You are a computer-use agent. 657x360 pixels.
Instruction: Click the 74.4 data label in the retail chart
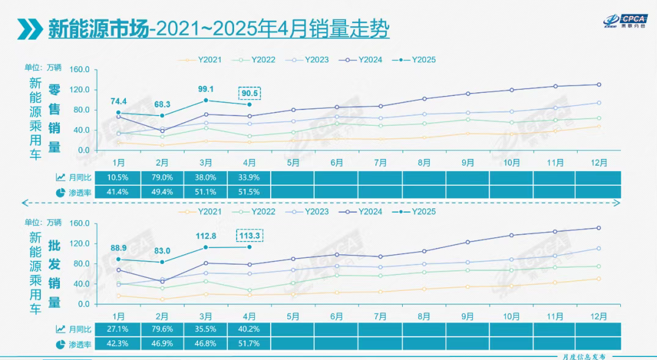click(119, 101)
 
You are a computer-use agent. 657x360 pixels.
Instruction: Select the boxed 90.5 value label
click(249, 94)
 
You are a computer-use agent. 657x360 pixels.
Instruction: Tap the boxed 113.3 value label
click(249, 235)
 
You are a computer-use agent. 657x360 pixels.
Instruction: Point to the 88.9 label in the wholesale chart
click(119, 248)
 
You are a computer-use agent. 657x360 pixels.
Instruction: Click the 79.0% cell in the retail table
click(162, 178)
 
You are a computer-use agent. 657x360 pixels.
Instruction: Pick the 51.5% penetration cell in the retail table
click(249, 192)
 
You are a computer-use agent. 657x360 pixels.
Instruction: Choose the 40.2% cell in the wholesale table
click(249, 329)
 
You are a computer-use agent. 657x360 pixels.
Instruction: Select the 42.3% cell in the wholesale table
click(119, 343)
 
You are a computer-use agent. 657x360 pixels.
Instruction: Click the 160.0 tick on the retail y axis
click(80, 70)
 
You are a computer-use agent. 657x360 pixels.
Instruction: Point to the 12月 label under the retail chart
click(599, 163)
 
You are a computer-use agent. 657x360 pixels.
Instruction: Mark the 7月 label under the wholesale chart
click(380, 317)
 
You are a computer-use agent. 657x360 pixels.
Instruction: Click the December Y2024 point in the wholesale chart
click(599, 228)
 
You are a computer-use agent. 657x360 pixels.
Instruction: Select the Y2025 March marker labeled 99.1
click(206, 100)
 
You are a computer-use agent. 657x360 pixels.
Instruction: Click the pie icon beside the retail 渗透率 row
click(61, 192)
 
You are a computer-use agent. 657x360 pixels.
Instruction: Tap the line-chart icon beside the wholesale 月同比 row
click(61, 329)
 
